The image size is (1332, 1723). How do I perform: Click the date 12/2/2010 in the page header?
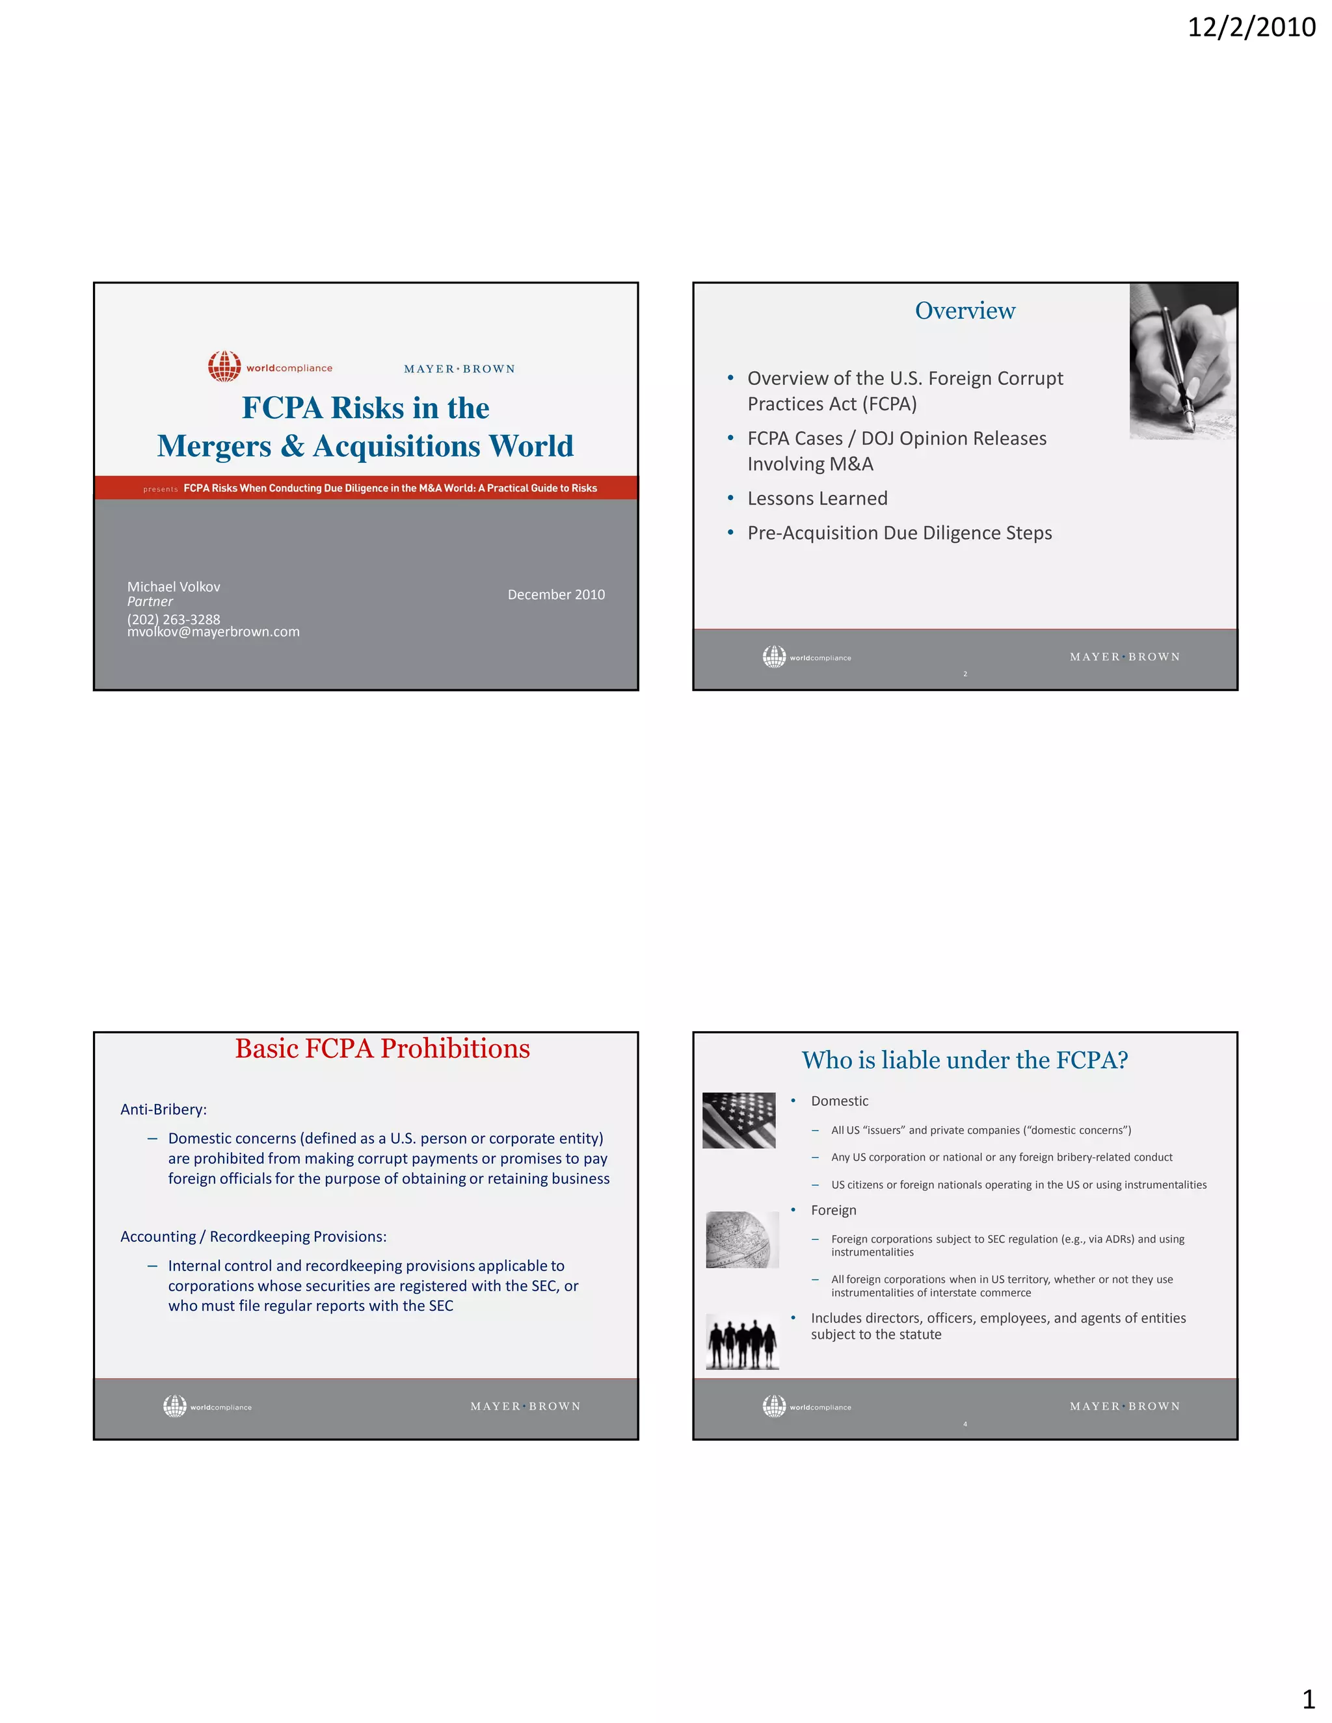coord(1251,27)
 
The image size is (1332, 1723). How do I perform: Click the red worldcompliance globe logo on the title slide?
coord(224,366)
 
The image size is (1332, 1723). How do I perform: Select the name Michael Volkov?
coord(174,586)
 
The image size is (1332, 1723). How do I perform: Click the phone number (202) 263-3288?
coord(174,619)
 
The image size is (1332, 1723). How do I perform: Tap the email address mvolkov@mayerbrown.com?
coord(213,632)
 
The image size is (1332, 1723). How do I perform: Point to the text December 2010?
coord(555,594)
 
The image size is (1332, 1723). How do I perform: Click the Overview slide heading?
coord(965,311)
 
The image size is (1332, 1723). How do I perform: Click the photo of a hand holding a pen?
coord(1182,361)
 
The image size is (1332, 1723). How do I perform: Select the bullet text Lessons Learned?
coord(817,499)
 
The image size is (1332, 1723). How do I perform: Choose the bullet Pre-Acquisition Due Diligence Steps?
coord(899,533)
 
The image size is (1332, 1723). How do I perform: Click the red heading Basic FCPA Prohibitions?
coord(382,1049)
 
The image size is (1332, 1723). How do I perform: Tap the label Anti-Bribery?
coord(163,1109)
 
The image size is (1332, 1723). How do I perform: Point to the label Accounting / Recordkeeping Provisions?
coord(253,1236)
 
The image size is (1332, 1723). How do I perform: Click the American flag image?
coord(739,1120)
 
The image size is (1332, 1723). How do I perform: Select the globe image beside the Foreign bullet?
coord(741,1239)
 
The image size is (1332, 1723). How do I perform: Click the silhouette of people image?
coord(741,1342)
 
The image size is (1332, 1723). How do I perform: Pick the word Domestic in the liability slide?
coord(839,1101)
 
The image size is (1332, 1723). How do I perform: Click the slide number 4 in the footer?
coord(965,1424)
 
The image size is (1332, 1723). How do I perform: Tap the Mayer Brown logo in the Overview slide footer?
coord(1125,657)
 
